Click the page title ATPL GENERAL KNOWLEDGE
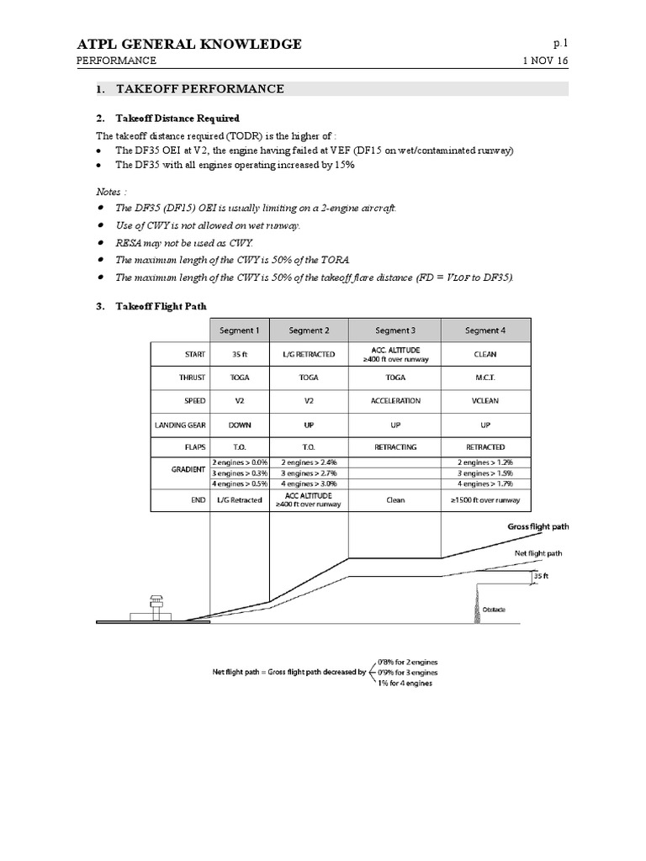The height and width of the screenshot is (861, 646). coord(189,44)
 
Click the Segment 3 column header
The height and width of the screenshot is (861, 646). coord(394,330)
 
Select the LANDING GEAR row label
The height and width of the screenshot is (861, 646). coord(180,425)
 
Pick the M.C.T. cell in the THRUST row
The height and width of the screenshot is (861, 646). coord(484,378)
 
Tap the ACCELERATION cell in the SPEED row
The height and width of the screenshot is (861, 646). coord(394,401)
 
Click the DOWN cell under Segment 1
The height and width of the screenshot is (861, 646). coord(239,425)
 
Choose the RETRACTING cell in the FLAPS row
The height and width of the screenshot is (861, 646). coord(394,447)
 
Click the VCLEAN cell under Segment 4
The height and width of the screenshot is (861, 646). coord(484,401)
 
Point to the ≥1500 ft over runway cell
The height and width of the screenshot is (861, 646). coord(484,499)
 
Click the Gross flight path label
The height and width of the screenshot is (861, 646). coord(538,527)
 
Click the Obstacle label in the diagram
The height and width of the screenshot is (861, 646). coord(494,610)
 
